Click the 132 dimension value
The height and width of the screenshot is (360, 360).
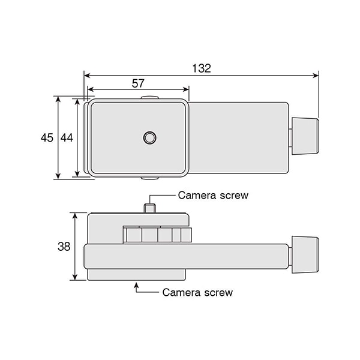point(202,68)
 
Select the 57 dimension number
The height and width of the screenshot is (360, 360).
point(138,83)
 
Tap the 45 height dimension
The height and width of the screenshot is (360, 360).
point(47,138)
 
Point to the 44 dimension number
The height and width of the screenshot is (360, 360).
point(67,138)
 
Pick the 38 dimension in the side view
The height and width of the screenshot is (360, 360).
point(64,247)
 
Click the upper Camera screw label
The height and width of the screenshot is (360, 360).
point(213,196)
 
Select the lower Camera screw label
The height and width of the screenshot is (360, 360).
point(197,293)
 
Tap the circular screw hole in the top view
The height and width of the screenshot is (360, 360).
point(149,138)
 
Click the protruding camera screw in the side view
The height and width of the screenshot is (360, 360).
point(149,208)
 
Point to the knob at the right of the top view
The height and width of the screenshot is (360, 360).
point(305,136)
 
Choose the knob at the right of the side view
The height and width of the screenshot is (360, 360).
point(305,254)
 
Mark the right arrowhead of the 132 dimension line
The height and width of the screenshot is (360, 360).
point(316,76)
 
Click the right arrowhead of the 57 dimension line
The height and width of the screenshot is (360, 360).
point(186,89)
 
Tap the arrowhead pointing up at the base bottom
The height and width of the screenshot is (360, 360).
point(136,286)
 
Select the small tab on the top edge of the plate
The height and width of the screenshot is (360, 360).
point(149,98)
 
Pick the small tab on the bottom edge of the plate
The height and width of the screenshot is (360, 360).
point(149,178)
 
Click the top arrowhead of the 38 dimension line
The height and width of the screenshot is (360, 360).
point(75,216)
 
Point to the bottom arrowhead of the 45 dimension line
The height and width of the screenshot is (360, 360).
point(58,176)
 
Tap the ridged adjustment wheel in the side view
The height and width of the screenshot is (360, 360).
point(157,235)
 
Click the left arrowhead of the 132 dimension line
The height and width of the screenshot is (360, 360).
point(87,76)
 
